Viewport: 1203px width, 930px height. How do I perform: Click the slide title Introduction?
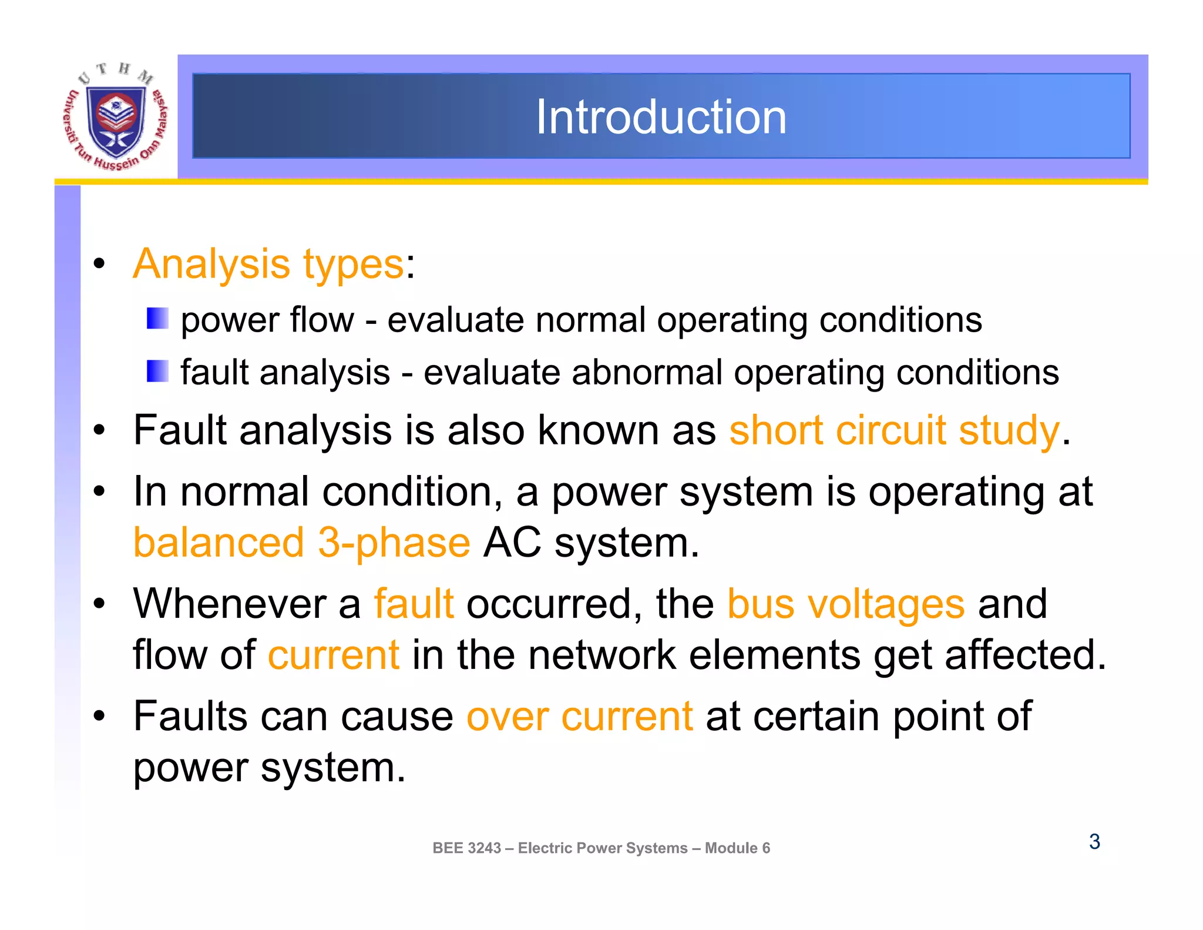(x=661, y=117)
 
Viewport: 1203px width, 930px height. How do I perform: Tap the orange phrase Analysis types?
(x=268, y=264)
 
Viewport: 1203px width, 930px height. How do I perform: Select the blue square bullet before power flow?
(x=157, y=319)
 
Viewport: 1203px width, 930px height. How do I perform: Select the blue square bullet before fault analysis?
(x=157, y=371)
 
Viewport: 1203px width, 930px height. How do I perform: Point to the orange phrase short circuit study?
(x=895, y=430)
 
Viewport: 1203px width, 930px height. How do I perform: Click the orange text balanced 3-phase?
(x=302, y=543)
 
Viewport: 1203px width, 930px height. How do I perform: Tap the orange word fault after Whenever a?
(x=414, y=604)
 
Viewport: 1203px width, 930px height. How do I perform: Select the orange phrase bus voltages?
(x=846, y=604)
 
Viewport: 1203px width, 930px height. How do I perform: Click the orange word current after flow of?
(x=334, y=655)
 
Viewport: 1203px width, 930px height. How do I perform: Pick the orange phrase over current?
(x=580, y=717)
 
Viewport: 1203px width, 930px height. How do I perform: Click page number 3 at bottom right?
(x=1094, y=842)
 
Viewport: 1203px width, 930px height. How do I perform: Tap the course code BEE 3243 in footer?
(x=467, y=848)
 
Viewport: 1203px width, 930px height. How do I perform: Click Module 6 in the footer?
(x=737, y=848)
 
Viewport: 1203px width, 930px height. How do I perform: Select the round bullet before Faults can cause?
(x=100, y=717)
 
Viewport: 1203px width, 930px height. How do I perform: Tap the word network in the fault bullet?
(x=602, y=655)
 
